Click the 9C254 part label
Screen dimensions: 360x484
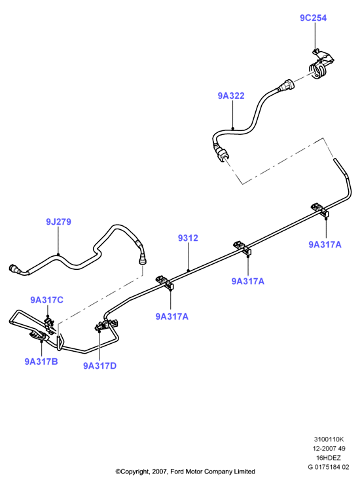(313, 18)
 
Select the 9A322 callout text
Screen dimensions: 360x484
(231, 96)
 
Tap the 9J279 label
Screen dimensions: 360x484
(59, 221)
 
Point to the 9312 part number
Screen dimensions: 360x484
(188, 238)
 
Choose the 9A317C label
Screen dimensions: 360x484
(46, 300)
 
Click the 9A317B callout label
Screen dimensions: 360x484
(41, 362)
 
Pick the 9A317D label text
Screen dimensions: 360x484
(99, 365)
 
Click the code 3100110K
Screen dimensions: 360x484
(329, 439)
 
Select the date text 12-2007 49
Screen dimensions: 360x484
(329, 448)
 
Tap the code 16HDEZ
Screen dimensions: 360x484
(328, 457)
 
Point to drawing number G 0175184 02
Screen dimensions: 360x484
(329, 467)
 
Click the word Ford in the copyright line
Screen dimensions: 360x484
(177, 472)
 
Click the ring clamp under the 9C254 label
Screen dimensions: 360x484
(319, 70)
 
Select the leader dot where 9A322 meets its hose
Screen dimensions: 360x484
(233, 129)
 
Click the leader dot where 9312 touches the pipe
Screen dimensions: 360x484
(188, 270)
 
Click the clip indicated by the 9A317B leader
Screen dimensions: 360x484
(39, 336)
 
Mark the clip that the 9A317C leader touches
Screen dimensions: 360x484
(49, 325)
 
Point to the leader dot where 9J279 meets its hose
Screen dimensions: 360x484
(58, 255)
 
